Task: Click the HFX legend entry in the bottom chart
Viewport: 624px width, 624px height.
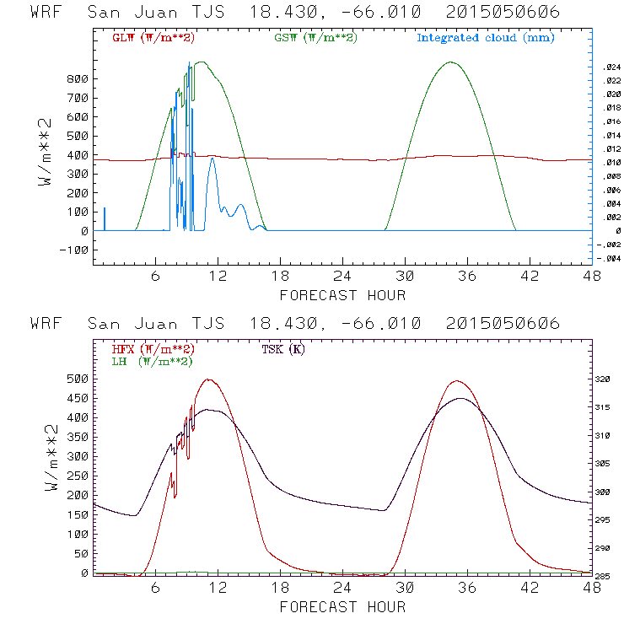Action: (153, 349)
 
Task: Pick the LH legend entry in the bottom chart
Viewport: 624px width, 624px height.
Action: (153, 361)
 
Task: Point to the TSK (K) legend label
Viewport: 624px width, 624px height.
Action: (282, 349)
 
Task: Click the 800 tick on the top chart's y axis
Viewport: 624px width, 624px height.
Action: (78, 78)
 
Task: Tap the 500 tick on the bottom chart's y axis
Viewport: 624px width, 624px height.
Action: (78, 379)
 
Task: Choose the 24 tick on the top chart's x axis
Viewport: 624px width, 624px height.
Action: (342, 276)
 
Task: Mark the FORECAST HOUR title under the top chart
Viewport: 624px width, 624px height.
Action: (342, 295)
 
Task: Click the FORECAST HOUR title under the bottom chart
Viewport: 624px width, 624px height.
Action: (342, 607)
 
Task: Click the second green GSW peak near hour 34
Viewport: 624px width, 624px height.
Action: (451, 62)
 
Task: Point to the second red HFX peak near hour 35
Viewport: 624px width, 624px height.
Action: (457, 380)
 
